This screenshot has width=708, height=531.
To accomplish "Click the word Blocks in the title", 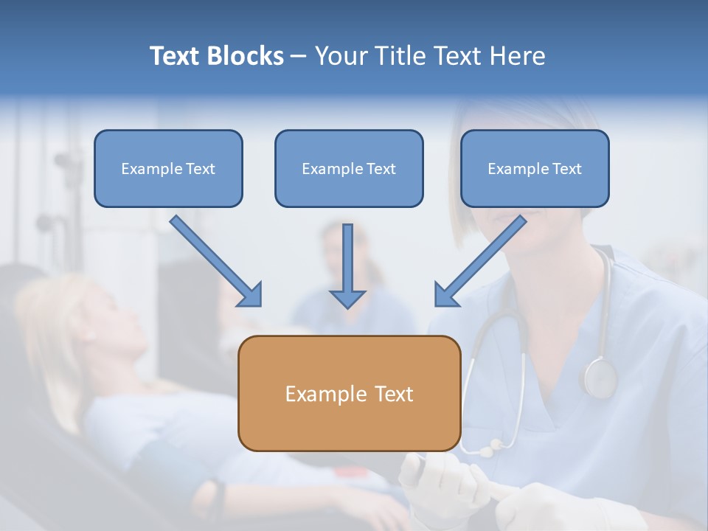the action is pos(245,55).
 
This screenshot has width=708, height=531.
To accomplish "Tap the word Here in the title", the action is pos(518,55).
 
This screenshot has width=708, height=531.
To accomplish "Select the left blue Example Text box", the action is pos(168,168).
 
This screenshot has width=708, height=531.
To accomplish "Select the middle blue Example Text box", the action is pos(349,168).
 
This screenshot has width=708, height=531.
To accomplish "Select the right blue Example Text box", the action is pos(535,168).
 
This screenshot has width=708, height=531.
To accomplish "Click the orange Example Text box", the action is pos(350,393).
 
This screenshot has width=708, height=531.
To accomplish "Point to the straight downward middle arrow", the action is pos(347,266).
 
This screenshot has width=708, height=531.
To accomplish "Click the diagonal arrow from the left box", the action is pos(216,261).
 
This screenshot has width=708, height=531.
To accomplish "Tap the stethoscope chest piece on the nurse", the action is pos(600,376).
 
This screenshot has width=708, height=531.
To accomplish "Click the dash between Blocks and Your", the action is pos(298,57).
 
